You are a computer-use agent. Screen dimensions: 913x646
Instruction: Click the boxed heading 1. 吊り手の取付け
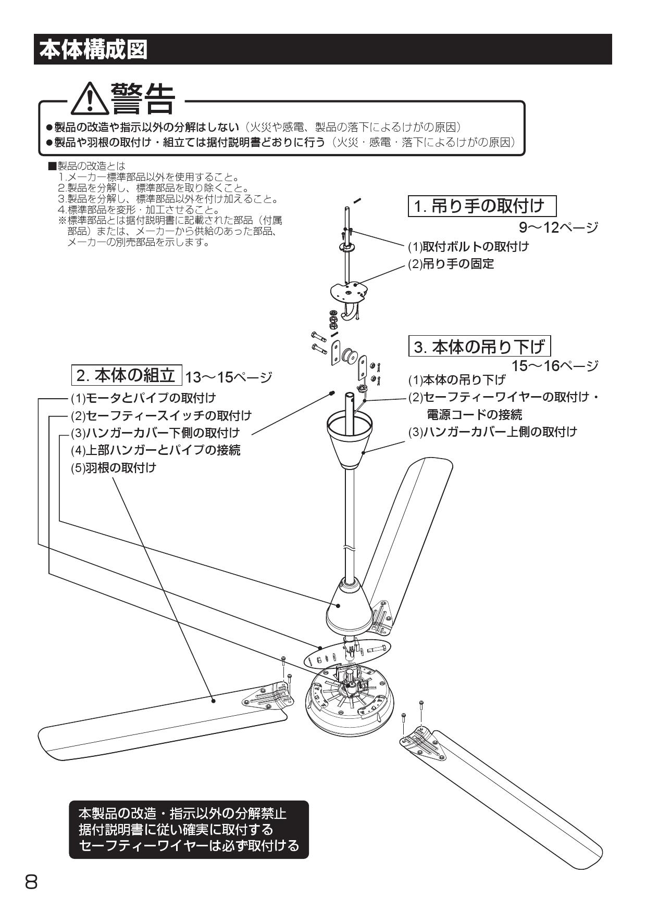coord(482,206)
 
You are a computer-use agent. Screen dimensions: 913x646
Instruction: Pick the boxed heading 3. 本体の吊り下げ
coord(479,346)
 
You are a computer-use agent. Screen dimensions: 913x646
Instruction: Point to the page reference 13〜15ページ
coord(228,376)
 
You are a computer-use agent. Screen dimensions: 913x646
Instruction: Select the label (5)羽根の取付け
coord(114,467)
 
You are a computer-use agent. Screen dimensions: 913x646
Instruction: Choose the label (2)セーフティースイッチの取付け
coord(161,415)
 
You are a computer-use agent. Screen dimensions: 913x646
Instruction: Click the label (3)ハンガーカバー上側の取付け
coord(492,432)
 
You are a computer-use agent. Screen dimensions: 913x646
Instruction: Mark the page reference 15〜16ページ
coord(554,366)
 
